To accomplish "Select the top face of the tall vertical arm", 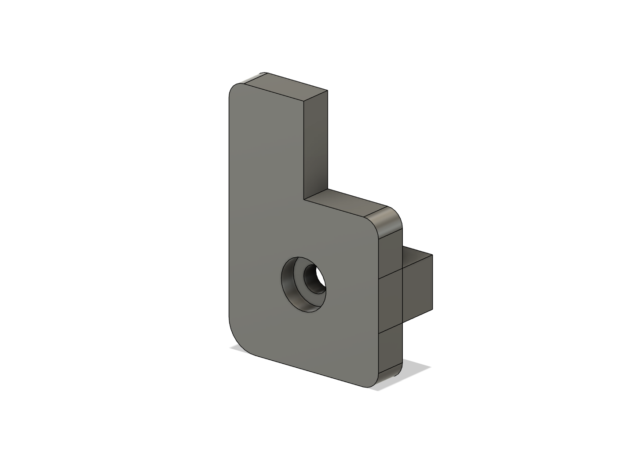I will pyautogui.click(x=290, y=90).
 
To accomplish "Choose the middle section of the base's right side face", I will pyautogui.click(x=391, y=304).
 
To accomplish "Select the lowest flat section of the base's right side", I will pyautogui.click(x=391, y=352).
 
